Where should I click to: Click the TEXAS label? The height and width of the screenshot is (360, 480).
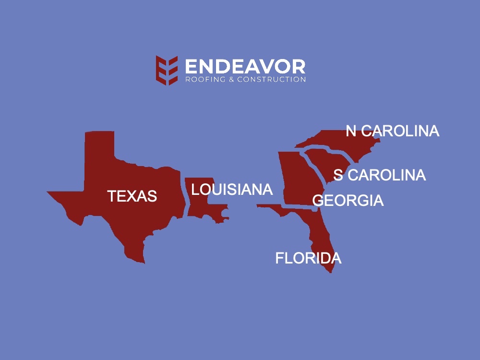tap(132, 196)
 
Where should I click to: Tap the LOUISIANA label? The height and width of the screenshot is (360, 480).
tap(232, 190)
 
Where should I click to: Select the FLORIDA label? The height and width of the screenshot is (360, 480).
tap(308, 258)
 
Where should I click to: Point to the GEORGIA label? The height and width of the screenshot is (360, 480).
tap(348, 201)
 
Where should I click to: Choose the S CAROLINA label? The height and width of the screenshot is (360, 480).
tap(379, 175)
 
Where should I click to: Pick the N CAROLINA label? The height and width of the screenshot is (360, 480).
tap(392, 131)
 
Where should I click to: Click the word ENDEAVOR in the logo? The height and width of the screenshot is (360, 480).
tap(245, 67)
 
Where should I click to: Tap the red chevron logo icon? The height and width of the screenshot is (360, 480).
tap(167, 70)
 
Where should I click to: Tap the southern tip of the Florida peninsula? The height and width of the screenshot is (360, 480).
tap(331, 272)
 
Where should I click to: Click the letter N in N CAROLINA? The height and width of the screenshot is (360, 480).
tap(351, 131)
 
